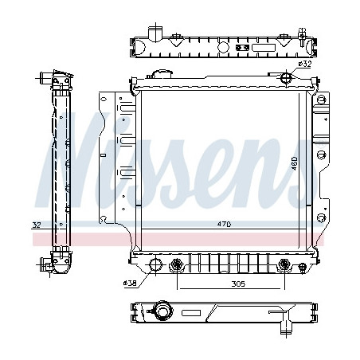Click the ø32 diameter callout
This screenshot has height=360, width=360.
pos(304,64)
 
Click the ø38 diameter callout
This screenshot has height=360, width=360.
pos(130,284)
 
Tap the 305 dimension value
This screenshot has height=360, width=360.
pos(238,284)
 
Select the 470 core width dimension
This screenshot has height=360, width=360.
pos(224,225)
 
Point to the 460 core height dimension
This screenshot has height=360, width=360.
pos(294,163)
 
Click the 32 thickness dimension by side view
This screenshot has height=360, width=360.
pos(37,225)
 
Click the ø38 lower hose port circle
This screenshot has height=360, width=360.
pos(155,264)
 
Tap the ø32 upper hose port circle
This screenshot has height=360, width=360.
pos(286,77)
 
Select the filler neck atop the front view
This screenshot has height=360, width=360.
pos(159,73)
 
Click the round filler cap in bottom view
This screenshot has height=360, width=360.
pos(164,311)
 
